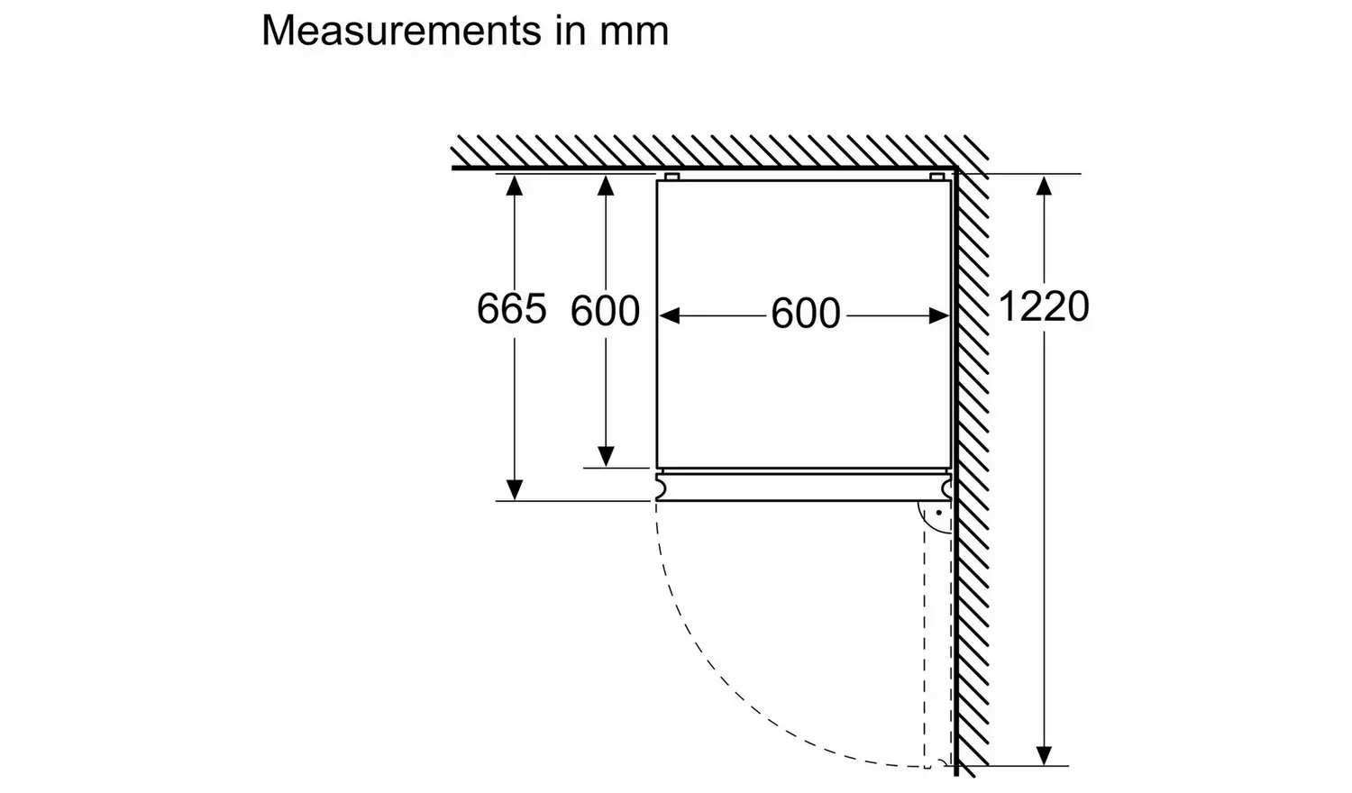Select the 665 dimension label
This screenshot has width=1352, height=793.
511,309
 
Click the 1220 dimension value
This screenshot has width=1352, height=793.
1043,307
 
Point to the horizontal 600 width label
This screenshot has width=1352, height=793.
805,314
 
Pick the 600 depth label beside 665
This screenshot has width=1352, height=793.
605,312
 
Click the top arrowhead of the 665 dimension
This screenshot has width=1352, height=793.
514,186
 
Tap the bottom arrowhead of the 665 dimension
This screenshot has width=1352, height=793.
514,489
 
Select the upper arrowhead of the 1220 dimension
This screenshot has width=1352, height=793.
1044,186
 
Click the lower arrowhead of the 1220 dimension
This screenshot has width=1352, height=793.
1044,754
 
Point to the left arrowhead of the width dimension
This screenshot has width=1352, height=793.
670,315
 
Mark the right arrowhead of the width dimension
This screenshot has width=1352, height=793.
939,315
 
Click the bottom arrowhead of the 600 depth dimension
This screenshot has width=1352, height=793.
606,456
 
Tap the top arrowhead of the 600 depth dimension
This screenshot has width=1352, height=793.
606,186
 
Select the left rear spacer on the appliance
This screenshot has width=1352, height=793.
671,177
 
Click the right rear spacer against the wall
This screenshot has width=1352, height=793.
937,177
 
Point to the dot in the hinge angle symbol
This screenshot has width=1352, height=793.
938,513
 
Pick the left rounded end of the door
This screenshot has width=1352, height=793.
662,488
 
